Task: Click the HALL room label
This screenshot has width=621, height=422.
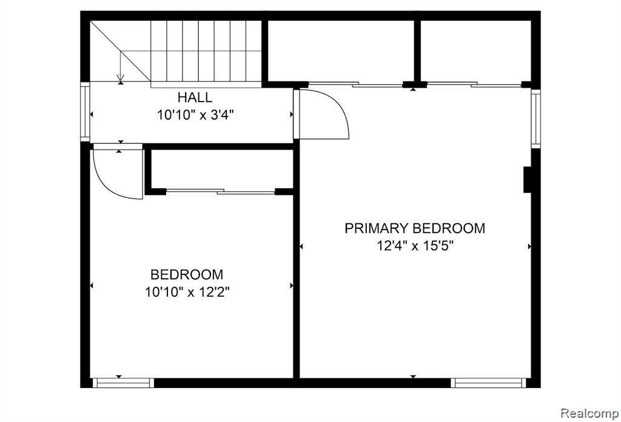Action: tap(195, 97)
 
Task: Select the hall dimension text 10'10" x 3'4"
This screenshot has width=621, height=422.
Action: tap(195, 115)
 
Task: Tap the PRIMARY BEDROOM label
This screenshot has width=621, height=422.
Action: tap(415, 228)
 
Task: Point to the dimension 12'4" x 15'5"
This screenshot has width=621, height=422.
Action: tap(415, 247)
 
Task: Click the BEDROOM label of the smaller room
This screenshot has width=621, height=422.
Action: tap(187, 274)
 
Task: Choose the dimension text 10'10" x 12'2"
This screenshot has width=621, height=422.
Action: tap(187, 292)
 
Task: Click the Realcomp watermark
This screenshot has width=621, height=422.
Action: tap(590, 413)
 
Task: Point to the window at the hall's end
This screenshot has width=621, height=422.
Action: tap(85, 112)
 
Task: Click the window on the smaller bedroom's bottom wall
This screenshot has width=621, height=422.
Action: tap(123, 383)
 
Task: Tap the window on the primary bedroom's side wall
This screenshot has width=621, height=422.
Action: tap(535, 118)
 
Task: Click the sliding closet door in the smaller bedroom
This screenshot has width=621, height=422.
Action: tap(221, 191)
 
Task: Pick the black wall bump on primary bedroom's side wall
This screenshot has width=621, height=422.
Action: tap(527, 180)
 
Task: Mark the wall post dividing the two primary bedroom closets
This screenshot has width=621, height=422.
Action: tap(417, 52)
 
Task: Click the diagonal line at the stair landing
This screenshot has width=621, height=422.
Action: tap(121, 51)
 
